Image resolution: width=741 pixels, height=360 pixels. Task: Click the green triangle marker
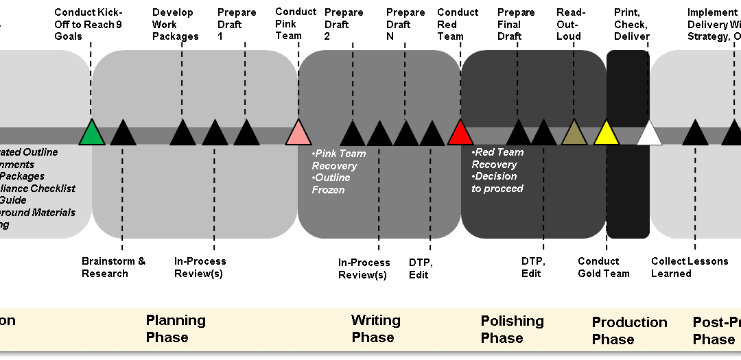coord(91,134)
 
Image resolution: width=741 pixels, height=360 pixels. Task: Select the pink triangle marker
coord(298,134)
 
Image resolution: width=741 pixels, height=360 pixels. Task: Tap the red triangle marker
coord(460,134)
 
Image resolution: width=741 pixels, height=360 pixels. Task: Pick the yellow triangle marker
coord(606,134)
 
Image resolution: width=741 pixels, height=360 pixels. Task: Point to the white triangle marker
coord(649,134)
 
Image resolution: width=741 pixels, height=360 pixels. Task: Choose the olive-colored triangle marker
coord(574,134)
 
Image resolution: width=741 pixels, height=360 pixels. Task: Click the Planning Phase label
coord(176,328)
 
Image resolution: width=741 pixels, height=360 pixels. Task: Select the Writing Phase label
coord(375,328)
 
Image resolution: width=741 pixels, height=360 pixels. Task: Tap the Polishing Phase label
coord(512,329)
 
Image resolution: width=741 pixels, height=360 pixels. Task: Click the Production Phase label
coord(629,331)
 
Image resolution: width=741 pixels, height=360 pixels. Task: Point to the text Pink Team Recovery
coord(338,160)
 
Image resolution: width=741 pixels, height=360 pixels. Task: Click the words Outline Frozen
coord(331,184)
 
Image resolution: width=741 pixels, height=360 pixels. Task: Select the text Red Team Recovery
coord(497,158)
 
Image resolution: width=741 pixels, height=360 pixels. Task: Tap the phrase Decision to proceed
coord(497,182)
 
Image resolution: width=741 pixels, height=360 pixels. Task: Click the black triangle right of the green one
coord(123,134)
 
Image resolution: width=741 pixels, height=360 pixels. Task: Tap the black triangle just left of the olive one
coord(543,134)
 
